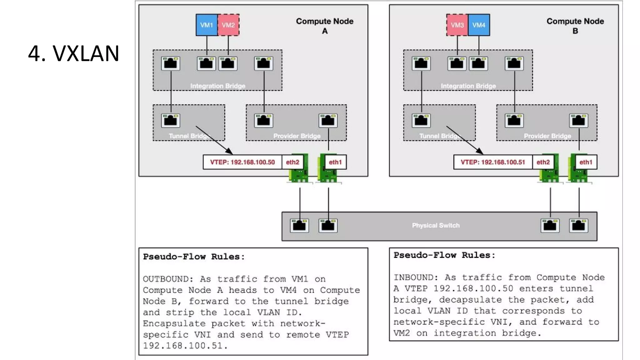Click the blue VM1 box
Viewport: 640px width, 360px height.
point(207,25)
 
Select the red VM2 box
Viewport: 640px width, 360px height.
point(228,25)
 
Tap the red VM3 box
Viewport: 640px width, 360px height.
point(457,25)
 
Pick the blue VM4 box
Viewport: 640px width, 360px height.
point(479,25)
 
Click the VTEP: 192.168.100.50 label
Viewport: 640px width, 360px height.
point(242,162)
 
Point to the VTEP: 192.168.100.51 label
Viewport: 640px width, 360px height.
point(493,162)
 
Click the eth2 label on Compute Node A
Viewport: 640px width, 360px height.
point(292,162)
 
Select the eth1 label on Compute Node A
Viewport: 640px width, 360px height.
point(335,162)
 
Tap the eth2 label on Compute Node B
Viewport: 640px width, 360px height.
point(543,162)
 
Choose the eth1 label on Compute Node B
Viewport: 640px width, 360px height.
point(586,162)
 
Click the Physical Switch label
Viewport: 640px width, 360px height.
point(436,225)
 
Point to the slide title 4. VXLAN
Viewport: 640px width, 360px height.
point(74,53)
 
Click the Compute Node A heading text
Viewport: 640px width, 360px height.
point(325,26)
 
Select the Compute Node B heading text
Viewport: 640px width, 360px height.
point(575,26)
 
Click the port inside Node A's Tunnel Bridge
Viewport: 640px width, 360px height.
point(171,120)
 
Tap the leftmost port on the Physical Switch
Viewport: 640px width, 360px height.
point(299,225)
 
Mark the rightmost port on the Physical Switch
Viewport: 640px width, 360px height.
point(578,225)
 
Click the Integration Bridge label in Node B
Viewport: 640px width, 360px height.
point(468,86)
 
